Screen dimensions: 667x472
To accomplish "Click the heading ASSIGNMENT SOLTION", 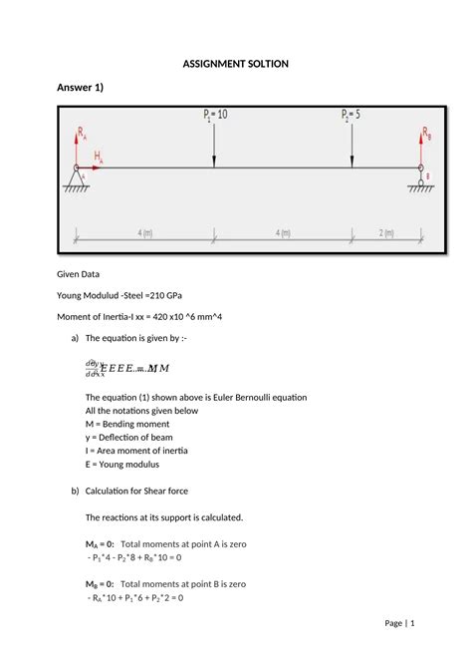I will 236,64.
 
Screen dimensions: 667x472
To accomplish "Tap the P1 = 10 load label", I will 215,115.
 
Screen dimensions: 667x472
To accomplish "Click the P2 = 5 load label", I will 351,115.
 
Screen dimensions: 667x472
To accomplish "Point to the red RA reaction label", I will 82,131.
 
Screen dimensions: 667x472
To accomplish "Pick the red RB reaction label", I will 425,132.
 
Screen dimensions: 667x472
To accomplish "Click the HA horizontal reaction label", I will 99,157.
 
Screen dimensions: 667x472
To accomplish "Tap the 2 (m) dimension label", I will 385,232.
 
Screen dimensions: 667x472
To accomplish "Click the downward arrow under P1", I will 214,146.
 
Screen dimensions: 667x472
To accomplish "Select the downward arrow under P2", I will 351,146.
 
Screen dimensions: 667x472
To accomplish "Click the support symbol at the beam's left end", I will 77,179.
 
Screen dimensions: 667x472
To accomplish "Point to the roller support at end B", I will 421,179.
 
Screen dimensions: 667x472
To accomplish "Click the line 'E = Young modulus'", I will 128,464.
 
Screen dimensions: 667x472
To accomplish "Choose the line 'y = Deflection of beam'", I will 140,437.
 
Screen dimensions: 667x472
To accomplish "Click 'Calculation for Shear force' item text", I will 152,491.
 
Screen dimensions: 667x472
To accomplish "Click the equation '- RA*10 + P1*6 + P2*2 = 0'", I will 149,598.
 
